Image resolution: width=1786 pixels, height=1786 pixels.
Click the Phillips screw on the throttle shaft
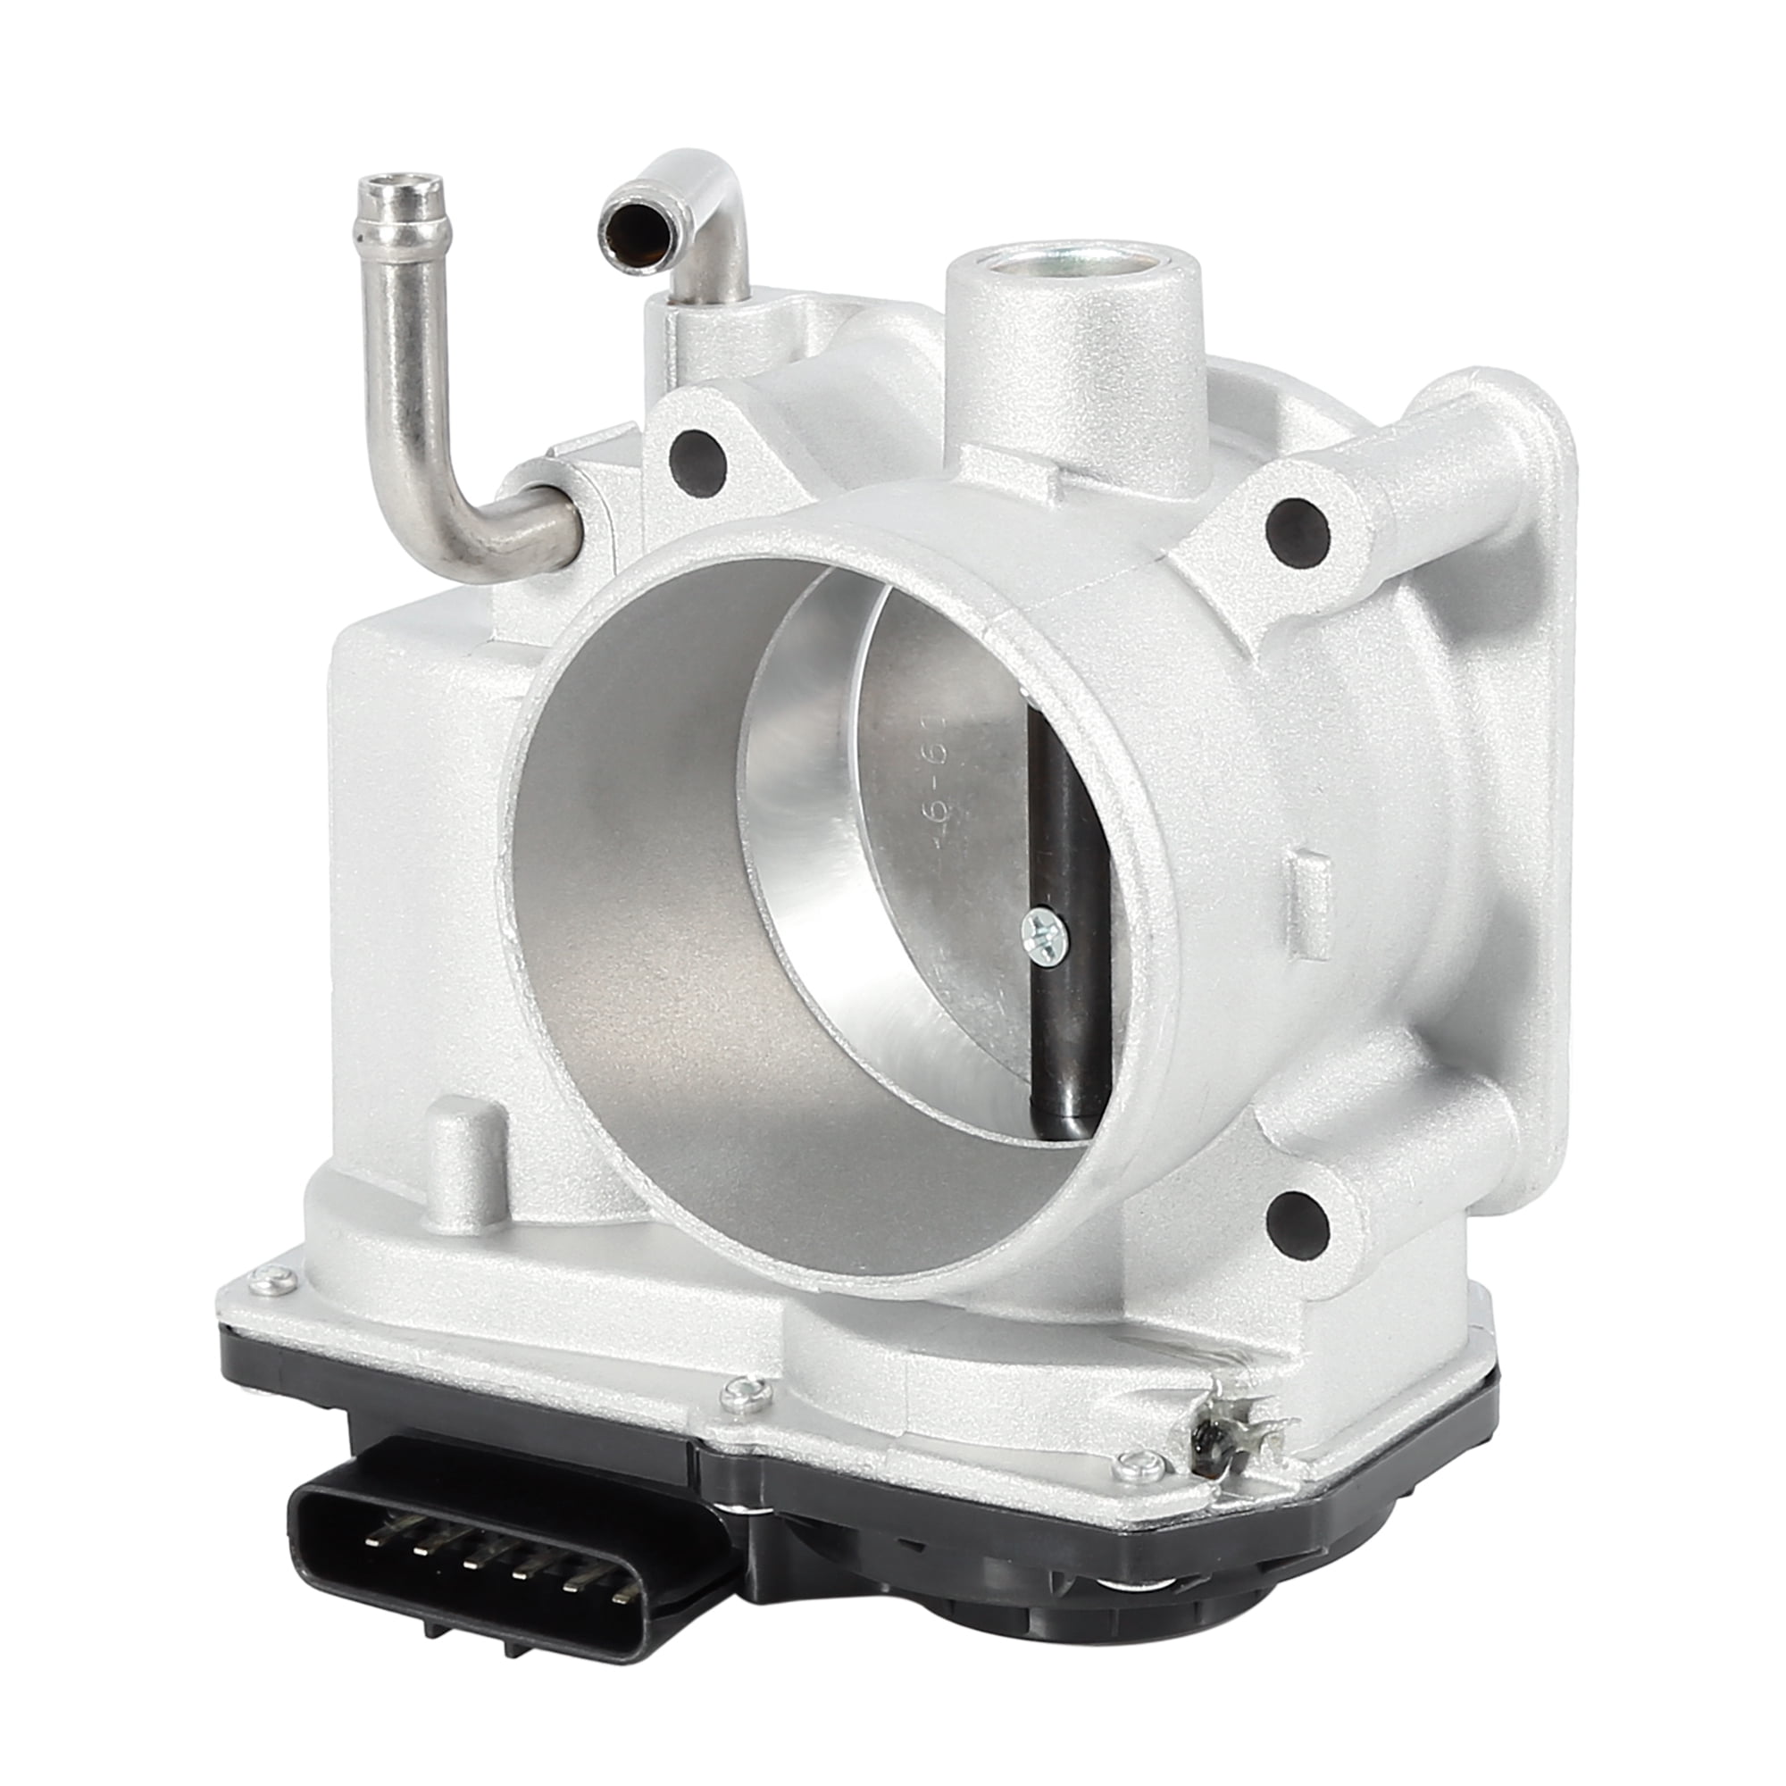tap(1046, 940)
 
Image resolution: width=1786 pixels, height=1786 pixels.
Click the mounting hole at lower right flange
tap(1298, 1216)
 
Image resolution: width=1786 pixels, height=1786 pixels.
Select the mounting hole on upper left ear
tap(694, 450)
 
